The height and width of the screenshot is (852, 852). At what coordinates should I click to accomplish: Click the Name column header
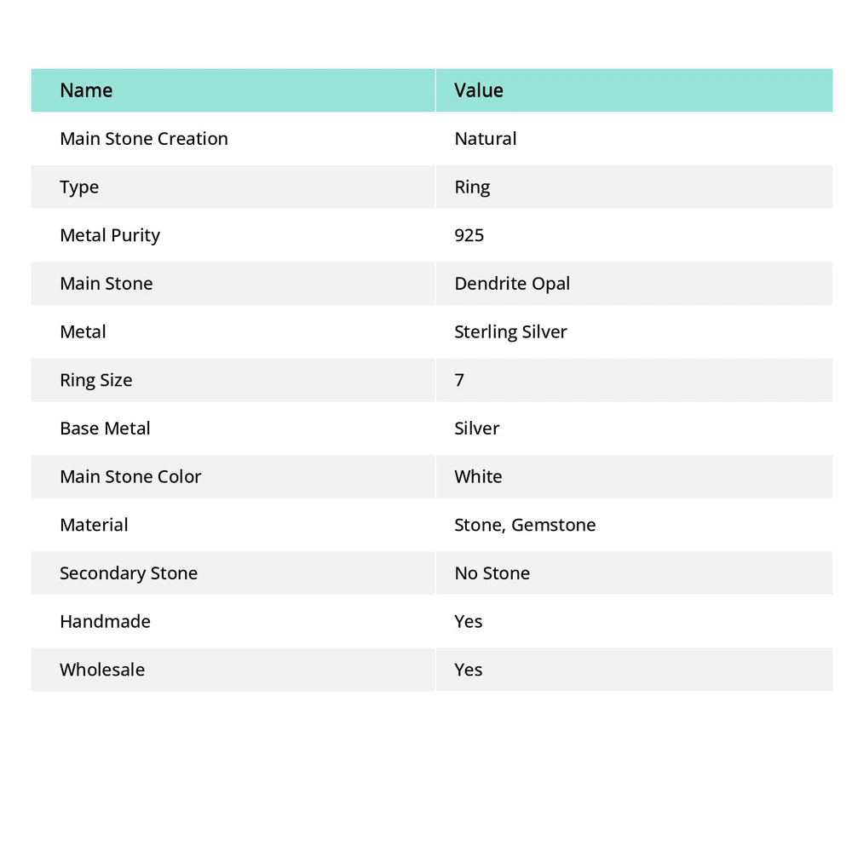coord(86,90)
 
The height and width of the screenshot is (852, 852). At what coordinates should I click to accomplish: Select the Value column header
coord(479,90)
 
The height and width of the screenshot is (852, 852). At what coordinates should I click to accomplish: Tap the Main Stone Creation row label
coord(144,139)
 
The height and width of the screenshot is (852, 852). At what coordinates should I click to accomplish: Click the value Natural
coord(486,139)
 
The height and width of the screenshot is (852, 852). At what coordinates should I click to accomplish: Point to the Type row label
coord(79,187)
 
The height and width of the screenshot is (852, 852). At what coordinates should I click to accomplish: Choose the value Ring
coord(472,187)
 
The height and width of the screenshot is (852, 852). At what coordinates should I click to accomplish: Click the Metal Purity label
coord(110,235)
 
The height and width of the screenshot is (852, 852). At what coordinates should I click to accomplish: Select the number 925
coord(469,235)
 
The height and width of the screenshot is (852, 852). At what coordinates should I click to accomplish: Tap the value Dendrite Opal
coord(512,284)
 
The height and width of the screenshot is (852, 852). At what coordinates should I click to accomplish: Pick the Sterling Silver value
coord(510,332)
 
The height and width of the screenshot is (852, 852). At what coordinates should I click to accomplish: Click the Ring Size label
coord(96,380)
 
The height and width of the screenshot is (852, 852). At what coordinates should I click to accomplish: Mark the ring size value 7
coord(459,380)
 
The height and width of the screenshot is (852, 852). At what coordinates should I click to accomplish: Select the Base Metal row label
coord(105,429)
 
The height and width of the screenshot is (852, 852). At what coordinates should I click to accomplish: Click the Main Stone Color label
coord(130,476)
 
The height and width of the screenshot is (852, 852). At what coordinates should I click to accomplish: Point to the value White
coord(478,476)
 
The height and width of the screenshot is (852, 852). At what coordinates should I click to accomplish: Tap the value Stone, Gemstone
coord(525,525)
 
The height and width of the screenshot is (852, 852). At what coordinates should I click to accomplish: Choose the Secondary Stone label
coord(129,573)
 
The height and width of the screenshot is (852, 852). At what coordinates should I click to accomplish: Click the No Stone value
coord(492,573)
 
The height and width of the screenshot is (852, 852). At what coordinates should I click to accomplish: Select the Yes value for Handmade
coord(469,622)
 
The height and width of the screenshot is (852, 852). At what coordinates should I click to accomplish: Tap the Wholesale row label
coord(102,670)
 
